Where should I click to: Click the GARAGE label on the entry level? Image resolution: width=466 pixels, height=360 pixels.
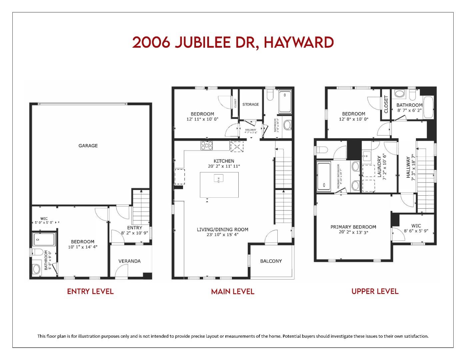point(88,146)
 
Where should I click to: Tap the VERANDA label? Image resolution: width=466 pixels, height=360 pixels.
point(129,261)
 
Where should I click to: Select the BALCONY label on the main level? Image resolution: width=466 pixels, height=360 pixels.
point(271,261)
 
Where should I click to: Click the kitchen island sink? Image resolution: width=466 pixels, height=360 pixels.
point(219,179)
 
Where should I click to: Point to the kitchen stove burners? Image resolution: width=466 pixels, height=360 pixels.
point(207,145)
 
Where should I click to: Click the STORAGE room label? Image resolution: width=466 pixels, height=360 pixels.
point(250,104)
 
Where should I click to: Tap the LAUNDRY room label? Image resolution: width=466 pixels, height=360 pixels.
point(379,167)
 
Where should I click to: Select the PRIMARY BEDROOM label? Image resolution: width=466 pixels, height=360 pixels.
point(353,227)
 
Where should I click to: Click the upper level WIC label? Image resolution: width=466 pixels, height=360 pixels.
point(416,226)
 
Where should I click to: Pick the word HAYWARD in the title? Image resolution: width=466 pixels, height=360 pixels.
point(299,43)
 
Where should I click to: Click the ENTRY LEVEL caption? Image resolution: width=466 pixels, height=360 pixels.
point(90,292)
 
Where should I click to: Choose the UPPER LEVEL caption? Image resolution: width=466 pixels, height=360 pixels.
point(375,292)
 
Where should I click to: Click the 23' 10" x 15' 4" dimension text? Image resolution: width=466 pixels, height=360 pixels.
point(222,234)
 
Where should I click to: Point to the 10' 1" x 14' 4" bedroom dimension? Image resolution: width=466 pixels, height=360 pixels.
point(82,247)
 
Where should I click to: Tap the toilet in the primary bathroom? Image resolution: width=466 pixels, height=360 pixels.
point(322,150)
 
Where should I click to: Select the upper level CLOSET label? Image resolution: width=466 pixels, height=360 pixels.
point(386,104)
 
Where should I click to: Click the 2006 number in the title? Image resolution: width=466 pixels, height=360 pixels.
point(151,43)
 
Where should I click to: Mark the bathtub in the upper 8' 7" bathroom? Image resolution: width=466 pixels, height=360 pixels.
point(429,108)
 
